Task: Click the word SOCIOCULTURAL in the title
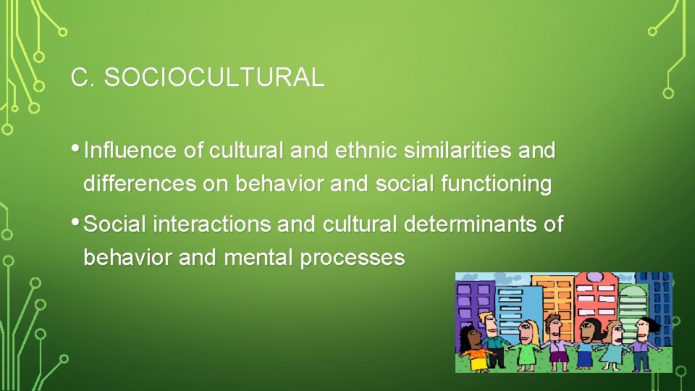point(214,78)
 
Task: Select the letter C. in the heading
point(83,78)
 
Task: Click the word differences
point(140,184)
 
